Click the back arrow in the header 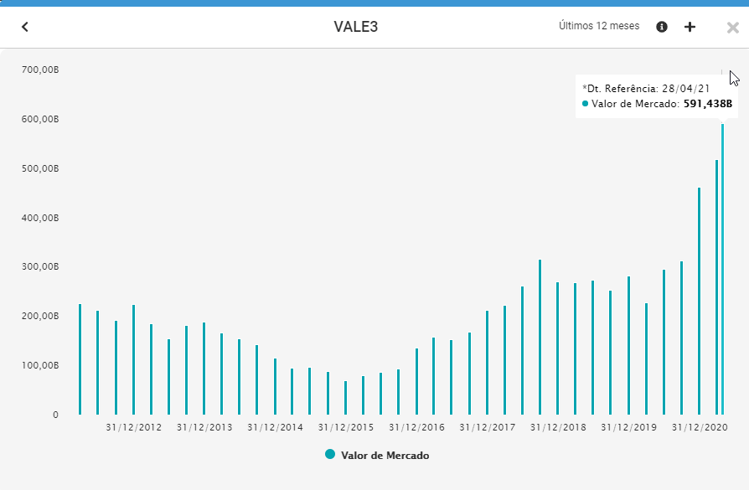(25, 27)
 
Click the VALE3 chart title (356, 27)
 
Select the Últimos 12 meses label (599, 26)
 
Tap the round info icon (662, 27)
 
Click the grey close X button (732, 28)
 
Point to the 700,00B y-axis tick (41, 70)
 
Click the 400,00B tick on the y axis (41, 218)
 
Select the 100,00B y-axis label (41, 365)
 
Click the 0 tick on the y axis (55, 415)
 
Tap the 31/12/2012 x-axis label (134, 428)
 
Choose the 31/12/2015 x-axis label (346, 428)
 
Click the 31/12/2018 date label (558, 428)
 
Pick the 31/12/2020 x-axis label (700, 428)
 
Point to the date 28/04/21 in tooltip (685, 87)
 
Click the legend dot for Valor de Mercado (330, 455)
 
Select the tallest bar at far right (722, 268)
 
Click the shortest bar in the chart (345, 398)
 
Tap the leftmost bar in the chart (80, 359)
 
